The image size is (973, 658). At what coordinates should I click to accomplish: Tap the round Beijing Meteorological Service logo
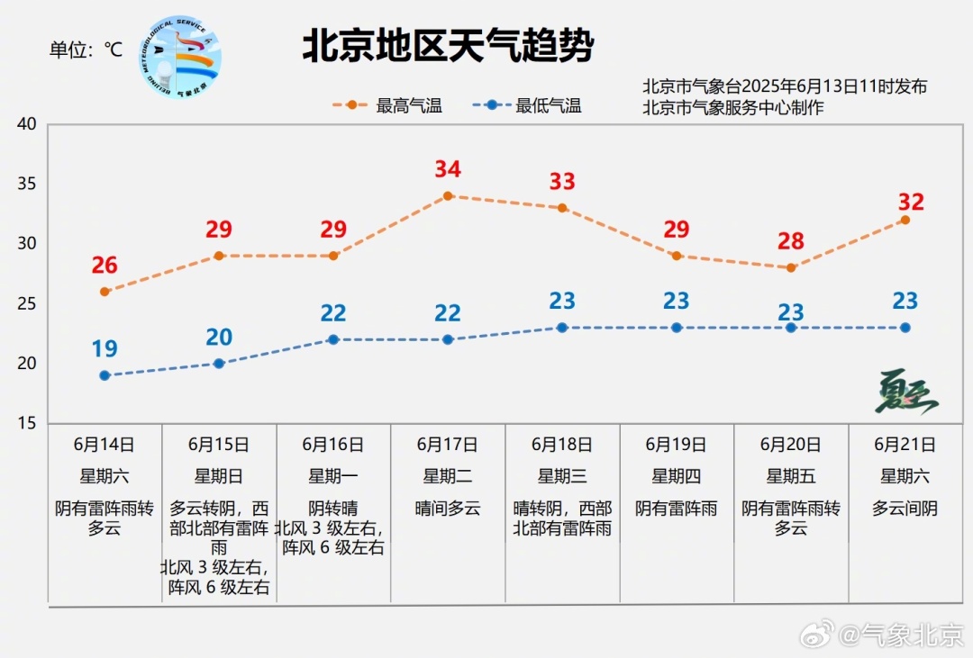[x=180, y=57]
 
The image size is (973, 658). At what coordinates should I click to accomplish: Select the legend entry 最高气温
[x=387, y=105]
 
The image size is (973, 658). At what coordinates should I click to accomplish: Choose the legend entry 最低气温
[x=527, y=105]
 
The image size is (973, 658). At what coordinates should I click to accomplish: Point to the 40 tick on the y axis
[x=27, y=123]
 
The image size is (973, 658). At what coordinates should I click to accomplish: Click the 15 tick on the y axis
[x=27, y=423]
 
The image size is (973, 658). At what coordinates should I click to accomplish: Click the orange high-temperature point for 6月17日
[x=448, y=196]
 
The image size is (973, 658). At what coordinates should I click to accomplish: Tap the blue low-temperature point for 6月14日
[x=105, y=375]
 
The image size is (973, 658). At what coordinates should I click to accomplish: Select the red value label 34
[x=448, y=168]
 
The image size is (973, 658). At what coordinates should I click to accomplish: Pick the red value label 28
[x=791, y=240]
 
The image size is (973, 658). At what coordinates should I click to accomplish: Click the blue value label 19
[x=105, y=348]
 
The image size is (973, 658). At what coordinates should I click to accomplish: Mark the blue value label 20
[x=219, y=337]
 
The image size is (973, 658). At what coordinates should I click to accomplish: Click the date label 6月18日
[x=562, y=445]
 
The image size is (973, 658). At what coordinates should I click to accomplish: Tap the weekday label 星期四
[x=677, y=476]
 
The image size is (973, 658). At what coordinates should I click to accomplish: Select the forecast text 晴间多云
[x=448, y=509]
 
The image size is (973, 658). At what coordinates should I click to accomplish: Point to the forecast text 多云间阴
[x=905, y=509]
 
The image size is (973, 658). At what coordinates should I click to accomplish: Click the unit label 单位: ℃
[x=86, y=50]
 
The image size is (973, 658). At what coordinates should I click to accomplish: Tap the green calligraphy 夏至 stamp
[x=907, y=392]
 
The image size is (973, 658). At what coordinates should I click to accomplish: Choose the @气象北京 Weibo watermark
[x=883, y=635]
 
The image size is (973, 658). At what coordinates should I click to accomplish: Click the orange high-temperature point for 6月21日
[x=905, y=221]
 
